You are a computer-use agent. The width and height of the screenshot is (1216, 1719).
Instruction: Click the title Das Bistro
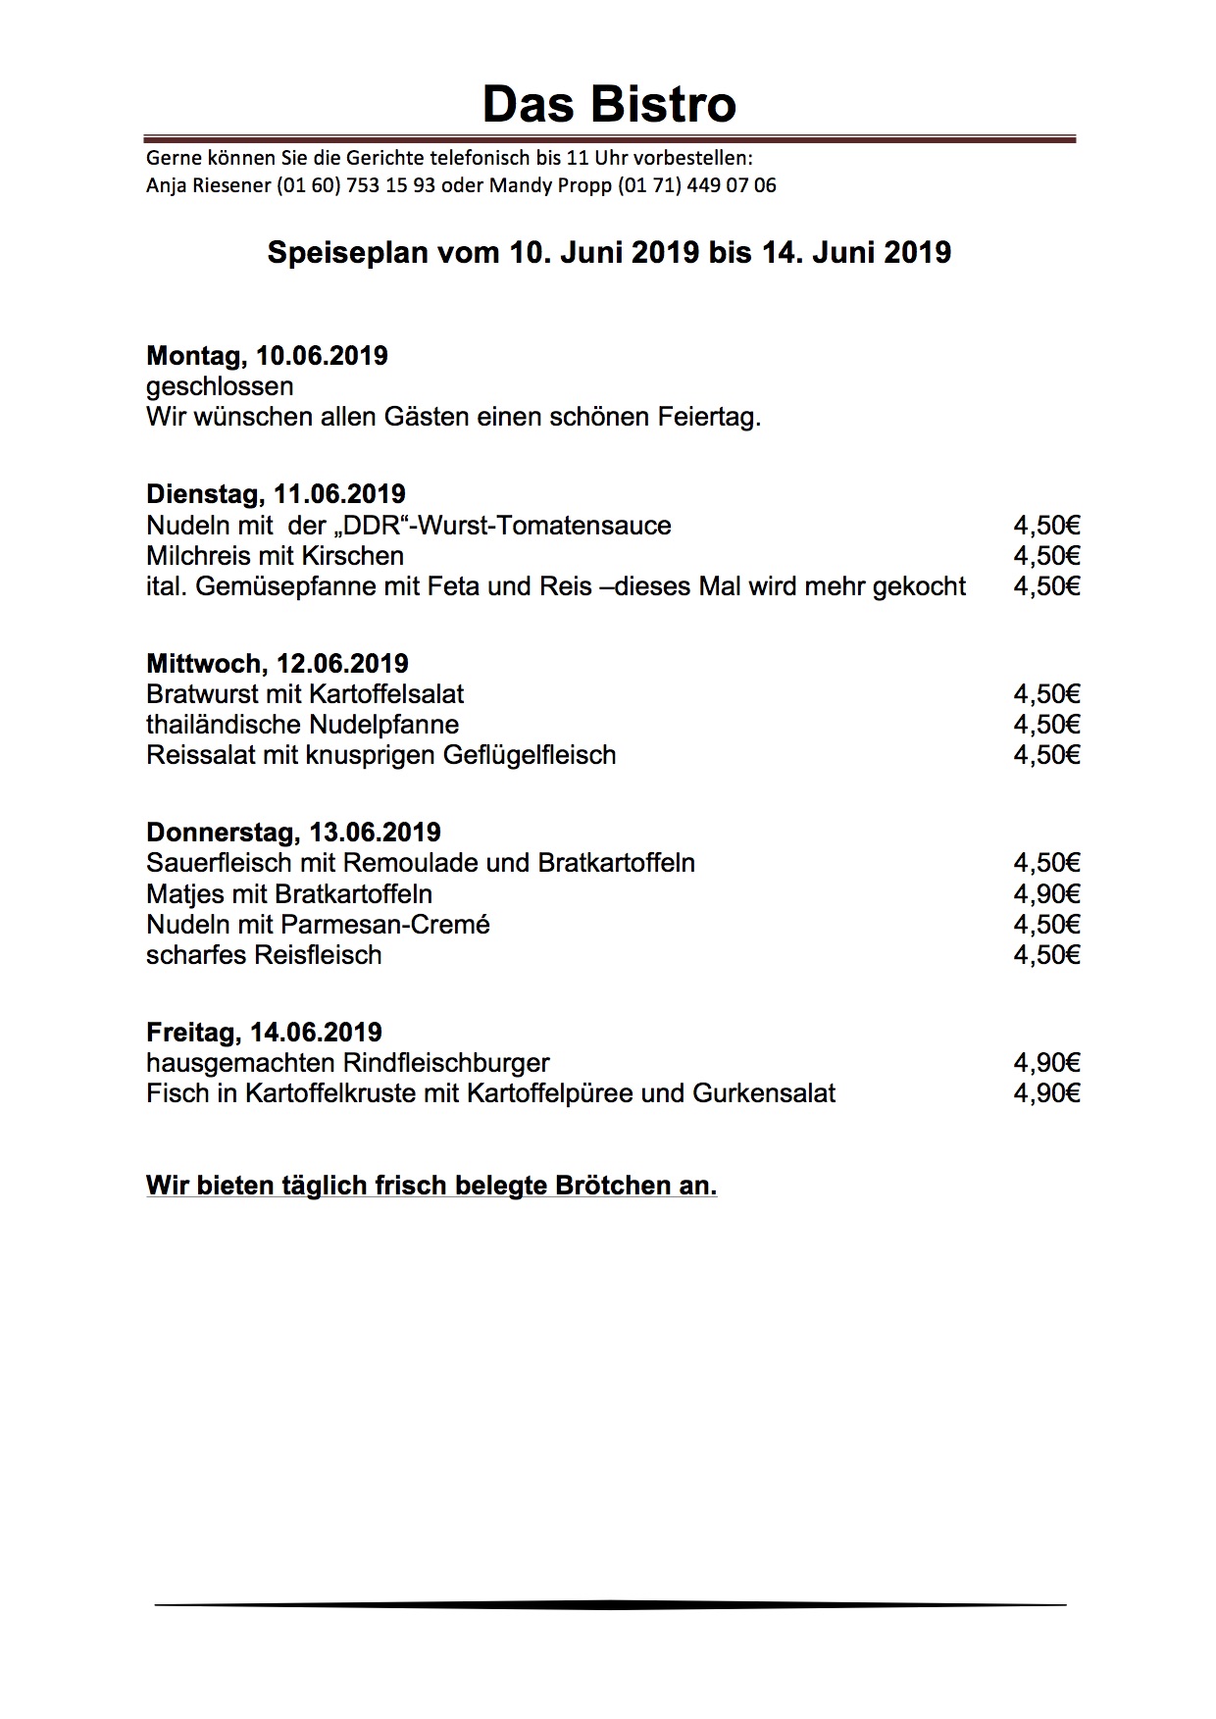(x=609, y=104)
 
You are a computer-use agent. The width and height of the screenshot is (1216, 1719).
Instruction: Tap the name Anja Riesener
(x=208, y=185)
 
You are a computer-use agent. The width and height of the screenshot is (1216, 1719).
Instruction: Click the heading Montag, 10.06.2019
(x=267, y=355)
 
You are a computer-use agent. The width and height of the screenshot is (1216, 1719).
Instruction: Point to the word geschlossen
(x=220, y=386)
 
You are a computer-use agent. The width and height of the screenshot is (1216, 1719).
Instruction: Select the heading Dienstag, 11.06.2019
(x=276, y=493)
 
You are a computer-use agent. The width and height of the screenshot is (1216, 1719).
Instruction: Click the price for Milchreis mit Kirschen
(x=1046, y=556)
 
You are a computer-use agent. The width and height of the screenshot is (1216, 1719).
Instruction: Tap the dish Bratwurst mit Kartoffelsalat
(x=305, y=694)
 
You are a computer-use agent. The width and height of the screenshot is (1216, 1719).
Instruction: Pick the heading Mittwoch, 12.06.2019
(x=278, y=663)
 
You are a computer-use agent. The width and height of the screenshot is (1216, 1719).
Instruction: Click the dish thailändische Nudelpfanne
(x=302, y=725)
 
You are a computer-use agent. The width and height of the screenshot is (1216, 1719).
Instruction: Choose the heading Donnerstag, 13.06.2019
(x=293, y=832)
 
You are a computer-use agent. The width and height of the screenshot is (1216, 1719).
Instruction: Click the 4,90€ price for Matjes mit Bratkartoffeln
(x=1046, y=894)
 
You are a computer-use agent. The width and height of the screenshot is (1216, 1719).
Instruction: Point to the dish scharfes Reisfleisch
(x=264, y=955)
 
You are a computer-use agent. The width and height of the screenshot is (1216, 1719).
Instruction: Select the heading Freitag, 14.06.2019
(x=264, y=1032)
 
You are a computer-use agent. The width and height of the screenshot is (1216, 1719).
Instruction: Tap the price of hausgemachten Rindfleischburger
(x=1046, y=1063)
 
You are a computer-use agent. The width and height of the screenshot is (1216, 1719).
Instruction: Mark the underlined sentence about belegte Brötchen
(x=431, y=1186)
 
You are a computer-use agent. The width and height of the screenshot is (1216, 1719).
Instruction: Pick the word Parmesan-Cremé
(x=385, y=925)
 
